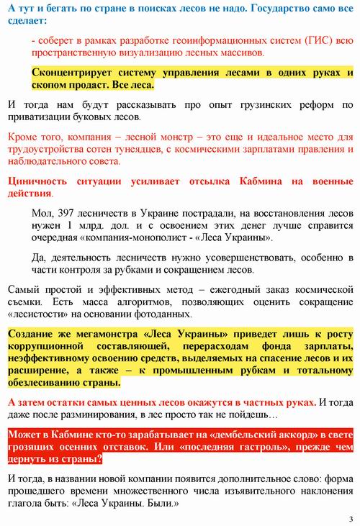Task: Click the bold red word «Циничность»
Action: click(40, 181)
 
